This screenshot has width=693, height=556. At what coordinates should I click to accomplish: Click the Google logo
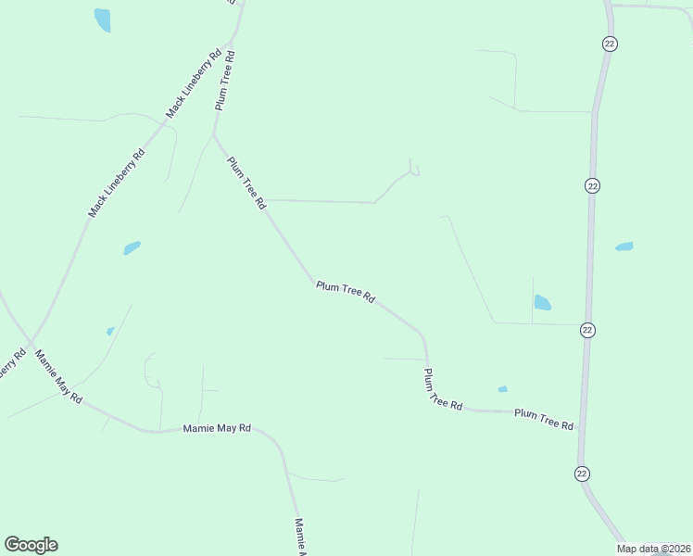tap(31, 545)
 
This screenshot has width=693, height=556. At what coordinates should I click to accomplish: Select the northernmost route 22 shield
tap(609, 44)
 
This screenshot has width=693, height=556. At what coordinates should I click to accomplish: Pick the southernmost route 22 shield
tap(581, 474)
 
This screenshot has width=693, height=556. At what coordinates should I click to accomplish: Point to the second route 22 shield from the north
tap(593, 185)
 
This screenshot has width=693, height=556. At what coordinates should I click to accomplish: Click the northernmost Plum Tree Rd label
tap(225, 81)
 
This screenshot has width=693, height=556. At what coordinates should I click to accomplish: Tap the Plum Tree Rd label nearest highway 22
tap(544, 419)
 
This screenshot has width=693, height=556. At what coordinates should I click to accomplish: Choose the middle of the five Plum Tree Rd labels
tap(345, 293)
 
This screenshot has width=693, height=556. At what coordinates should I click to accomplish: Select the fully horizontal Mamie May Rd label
tap(217, 428)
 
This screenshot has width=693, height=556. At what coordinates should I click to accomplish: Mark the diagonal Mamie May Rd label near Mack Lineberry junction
tap(58, 376)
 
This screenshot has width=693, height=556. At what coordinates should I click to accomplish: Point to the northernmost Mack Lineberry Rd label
tap(194, 83)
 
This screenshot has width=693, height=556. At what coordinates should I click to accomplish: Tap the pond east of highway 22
tap(624, 246)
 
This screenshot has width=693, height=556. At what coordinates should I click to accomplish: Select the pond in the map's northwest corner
tap(102, 19)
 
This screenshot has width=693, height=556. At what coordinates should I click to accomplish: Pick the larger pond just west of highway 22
tap(542, 302)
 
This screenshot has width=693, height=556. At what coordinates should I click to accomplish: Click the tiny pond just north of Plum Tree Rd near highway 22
tap(502, 389)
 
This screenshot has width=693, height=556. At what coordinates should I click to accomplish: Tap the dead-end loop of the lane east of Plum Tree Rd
tap(415, 171)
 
